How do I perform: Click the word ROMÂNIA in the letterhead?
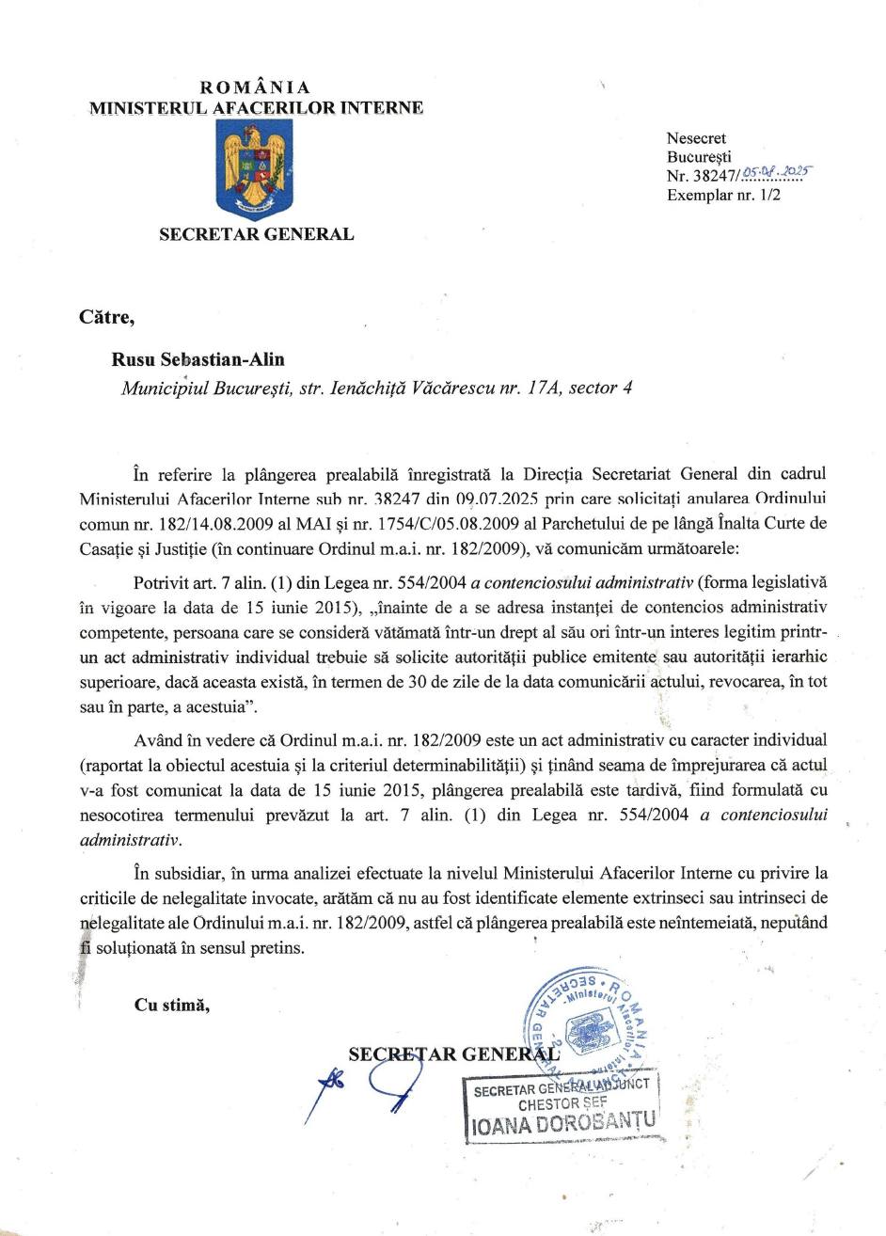pos(256,88)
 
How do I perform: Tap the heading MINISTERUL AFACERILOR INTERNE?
pos(256,107)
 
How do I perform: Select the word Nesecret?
pos(696,138)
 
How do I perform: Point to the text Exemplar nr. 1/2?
pos(723,196)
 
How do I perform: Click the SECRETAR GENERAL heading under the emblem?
pos(256,234)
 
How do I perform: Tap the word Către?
pos(107,317)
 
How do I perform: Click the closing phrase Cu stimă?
pos(172,1005)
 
